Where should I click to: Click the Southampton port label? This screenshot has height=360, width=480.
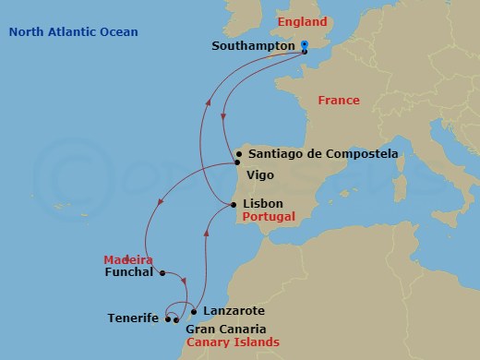pyautogui.click(x=253, y=45)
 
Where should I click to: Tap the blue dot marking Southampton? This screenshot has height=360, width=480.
pyautogui.click(x=305, y=45)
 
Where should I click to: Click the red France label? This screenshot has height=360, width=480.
pyautogui.click(x=338, y=100)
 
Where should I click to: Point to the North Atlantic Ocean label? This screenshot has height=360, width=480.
pyautogui.click(x=73, y=32)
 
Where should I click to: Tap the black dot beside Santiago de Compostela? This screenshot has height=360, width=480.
pyautogui.click(x=239, y=154)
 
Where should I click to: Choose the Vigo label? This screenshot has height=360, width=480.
pyautogui.click(x=259, y=174)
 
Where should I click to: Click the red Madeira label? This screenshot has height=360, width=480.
pyautogui.click(x=128, y=259)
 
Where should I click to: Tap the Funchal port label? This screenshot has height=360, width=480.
pyautogui.click(x=129, y=272)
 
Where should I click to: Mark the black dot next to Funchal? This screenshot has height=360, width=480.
pyautogui.click(x=162, y=272)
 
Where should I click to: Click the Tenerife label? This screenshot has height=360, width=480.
pyautogui.click(x=133, y=318)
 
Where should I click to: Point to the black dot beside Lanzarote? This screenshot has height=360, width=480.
pyautogui.click(x=193, y=311)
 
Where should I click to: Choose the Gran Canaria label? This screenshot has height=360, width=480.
pyautogui.click(x=226, y=329)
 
